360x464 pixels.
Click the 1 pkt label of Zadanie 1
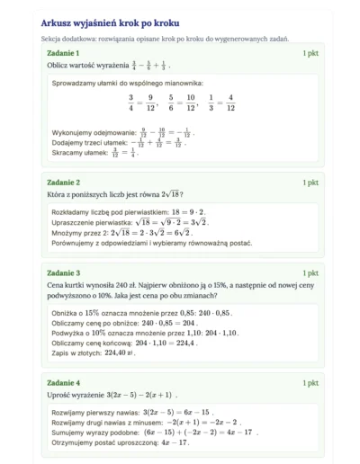[310, 55]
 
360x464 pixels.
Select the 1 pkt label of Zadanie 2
[310, 183]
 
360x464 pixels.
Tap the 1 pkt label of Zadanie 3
[310, 272]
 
